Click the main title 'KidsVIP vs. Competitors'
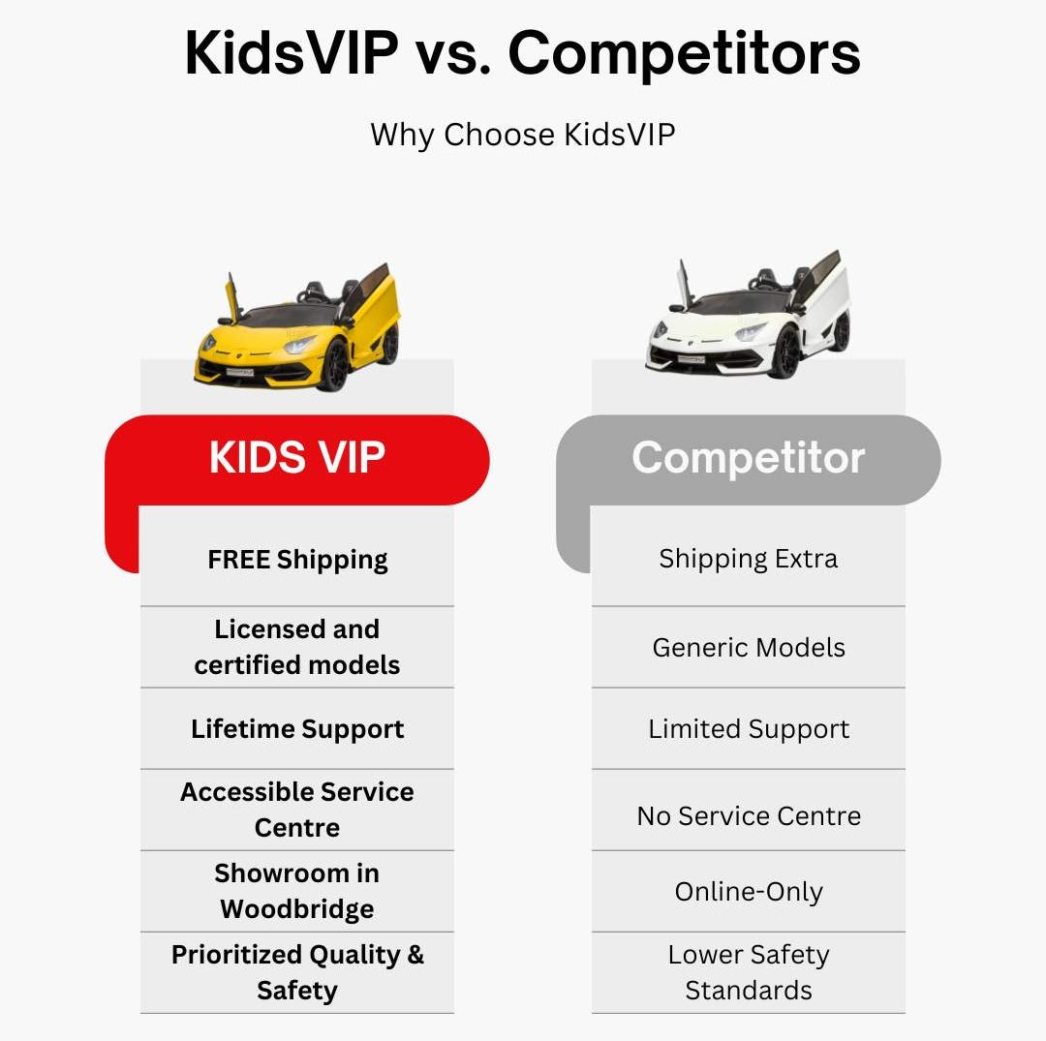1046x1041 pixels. [522, 53]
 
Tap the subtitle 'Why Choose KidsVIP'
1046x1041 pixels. [522, 135]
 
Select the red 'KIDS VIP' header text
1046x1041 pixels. [297, 457]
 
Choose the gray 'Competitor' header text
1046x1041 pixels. [748, 458]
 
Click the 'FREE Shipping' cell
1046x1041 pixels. [297, 560]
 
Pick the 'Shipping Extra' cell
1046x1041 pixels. [749, 559]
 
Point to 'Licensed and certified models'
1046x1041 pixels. [297, 647]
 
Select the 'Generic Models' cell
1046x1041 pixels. [749, 648]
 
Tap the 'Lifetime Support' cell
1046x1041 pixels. [297, 729]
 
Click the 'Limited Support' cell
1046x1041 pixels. [749, 729]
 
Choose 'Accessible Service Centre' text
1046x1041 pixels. [297, 810]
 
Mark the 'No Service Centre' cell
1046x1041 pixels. [749, 816]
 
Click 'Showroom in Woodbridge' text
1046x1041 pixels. [297, 891]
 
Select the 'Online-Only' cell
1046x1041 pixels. [749, 892]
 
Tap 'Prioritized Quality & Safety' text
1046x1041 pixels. [297, 972]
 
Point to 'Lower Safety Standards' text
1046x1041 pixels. [749, 972]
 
